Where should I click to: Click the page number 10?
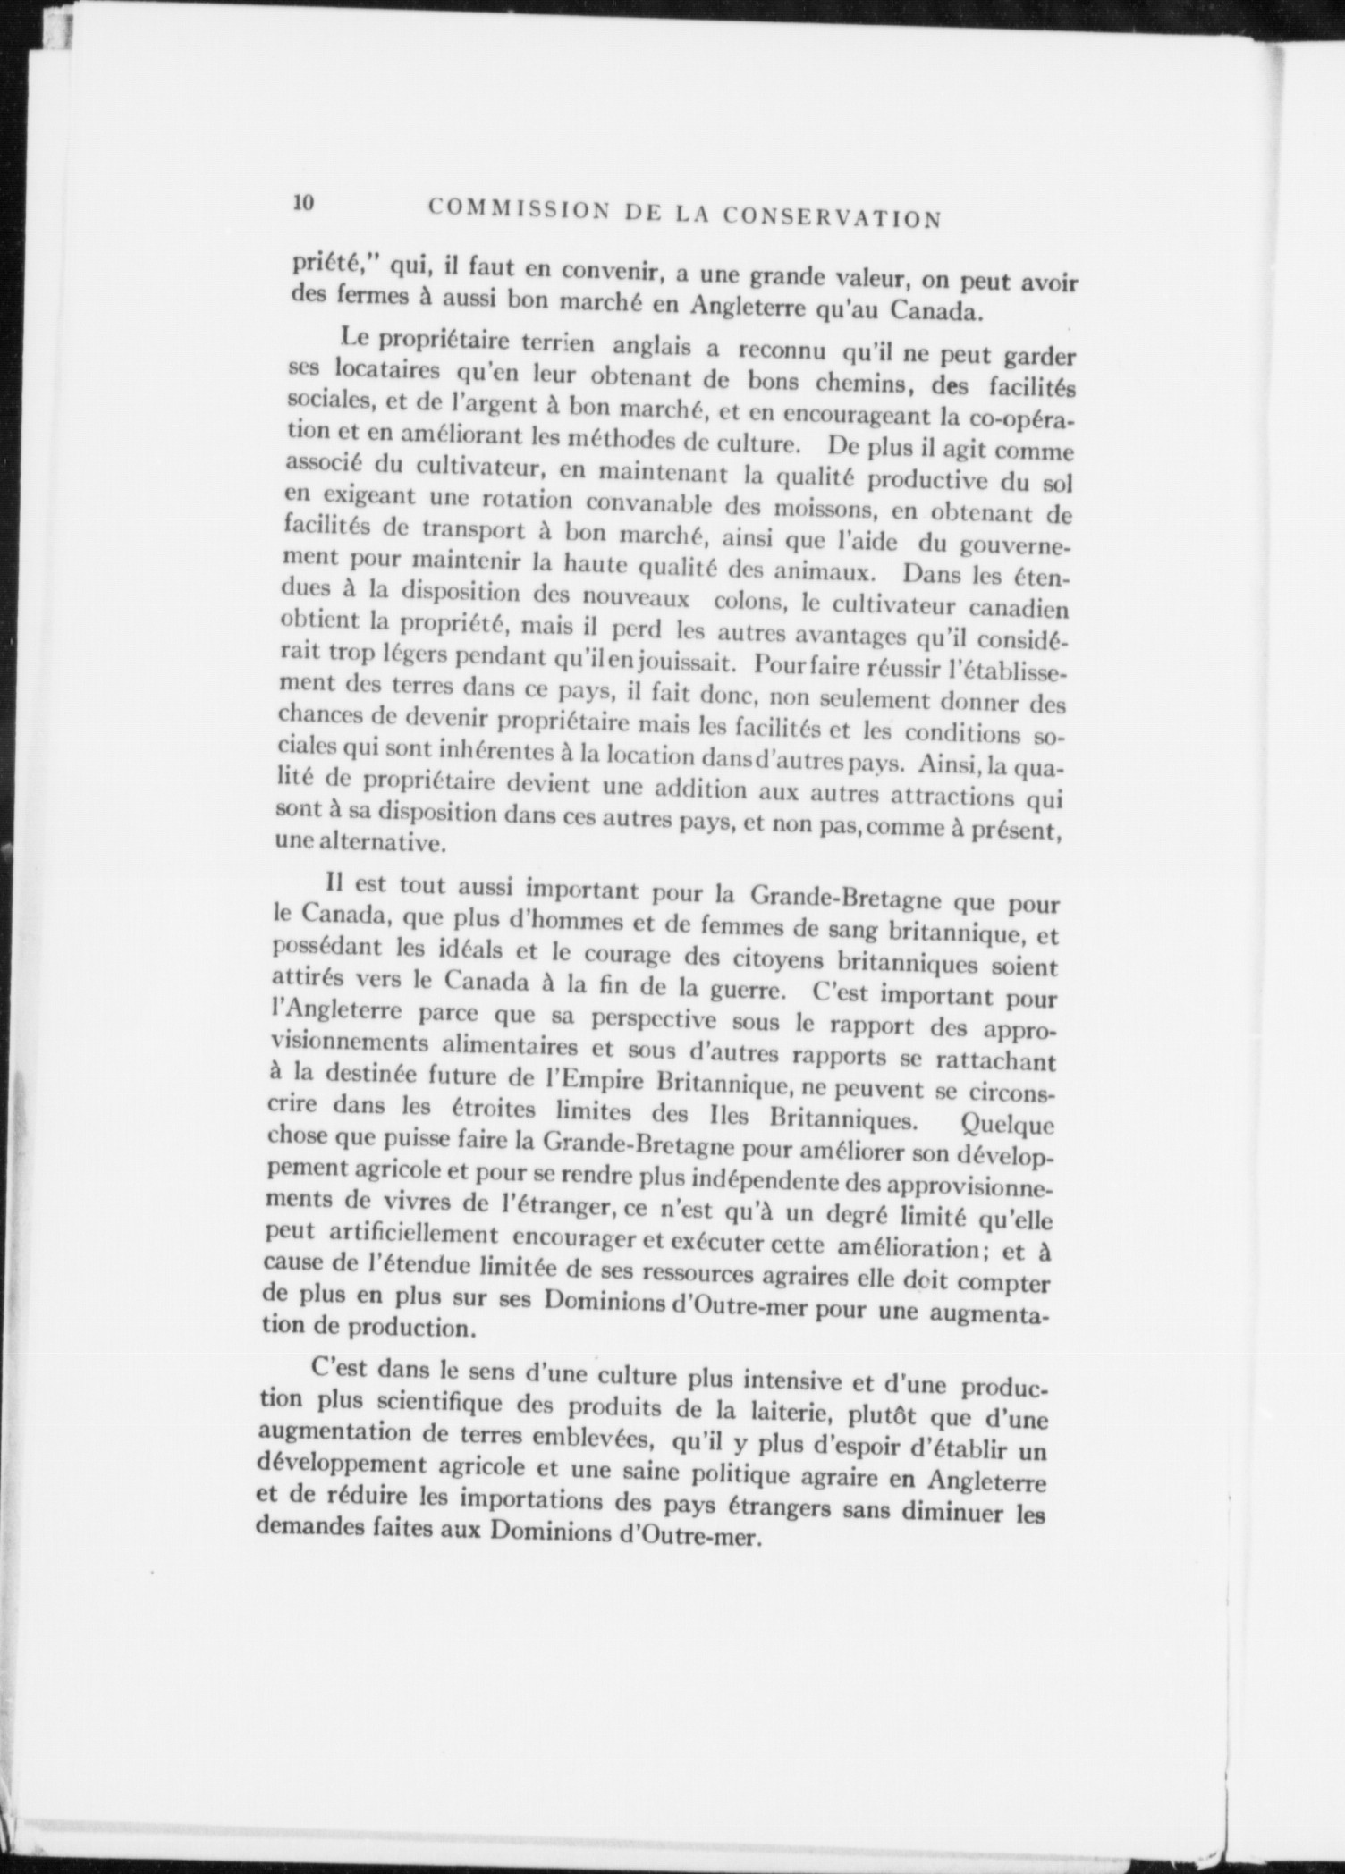[303, 203]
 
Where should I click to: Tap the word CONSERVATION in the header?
[831, 217]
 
